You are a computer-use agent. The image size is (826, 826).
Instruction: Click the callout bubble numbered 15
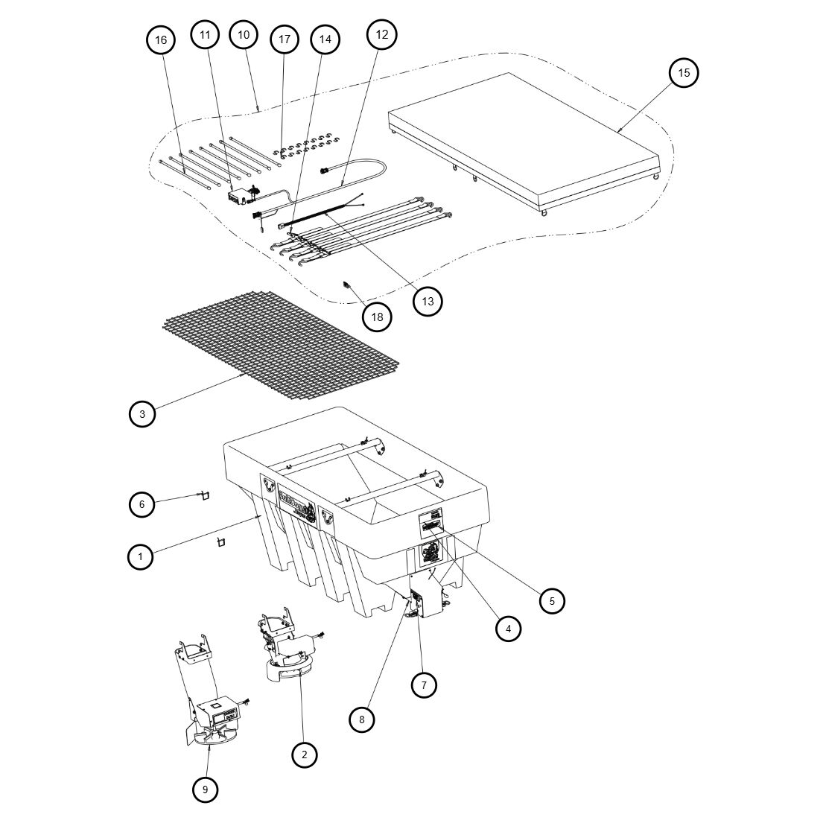coord(684,72)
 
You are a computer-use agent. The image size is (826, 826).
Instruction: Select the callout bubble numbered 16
coord(161,39)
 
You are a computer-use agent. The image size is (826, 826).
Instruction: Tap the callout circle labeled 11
coord(205,34)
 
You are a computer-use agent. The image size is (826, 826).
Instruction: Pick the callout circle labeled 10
coord(243,34)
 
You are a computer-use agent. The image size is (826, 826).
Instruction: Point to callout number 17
coord(284,39)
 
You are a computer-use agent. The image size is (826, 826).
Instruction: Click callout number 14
coord(325,39)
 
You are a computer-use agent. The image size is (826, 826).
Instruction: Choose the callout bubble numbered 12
coord(381,34)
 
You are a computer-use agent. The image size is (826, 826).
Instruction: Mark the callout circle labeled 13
coord(428,301)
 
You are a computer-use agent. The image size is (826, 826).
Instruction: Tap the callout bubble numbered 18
coord(377,317)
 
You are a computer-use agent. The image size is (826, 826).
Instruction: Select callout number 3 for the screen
coord(142,413)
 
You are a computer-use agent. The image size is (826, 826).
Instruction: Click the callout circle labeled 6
coord(142,504)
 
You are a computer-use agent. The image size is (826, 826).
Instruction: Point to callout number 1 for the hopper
coord(140,556)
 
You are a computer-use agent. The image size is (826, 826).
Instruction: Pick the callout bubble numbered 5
coord(551,600)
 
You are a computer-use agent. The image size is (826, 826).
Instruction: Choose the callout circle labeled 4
coord(508,628)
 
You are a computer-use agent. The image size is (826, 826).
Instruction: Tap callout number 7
coord(423,684)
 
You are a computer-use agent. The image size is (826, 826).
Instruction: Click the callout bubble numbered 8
coord(362,719)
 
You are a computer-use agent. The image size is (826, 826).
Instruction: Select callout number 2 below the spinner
coord(304,754)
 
